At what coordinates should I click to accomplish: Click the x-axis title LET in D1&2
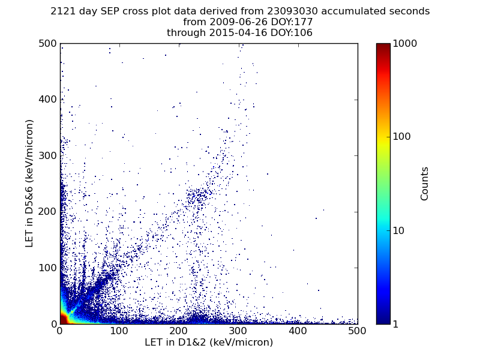[x=209, y=343]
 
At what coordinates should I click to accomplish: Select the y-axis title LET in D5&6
[x=29, y=183]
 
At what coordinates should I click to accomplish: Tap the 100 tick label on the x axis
[x=119, y=331]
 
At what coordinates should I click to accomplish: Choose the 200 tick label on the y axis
[x=46, y=212]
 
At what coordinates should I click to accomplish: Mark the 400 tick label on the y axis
[x=46, y=100]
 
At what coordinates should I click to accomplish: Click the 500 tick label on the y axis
[x=46, y=44]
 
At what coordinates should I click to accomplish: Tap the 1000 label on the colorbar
[x=405, y=44]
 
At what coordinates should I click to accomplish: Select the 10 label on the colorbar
[x=400, y=230]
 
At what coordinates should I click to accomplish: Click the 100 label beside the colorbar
[x=402, y=137]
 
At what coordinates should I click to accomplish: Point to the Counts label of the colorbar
[x=425, y=184]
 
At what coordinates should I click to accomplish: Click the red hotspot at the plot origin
[x=63, y=319]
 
